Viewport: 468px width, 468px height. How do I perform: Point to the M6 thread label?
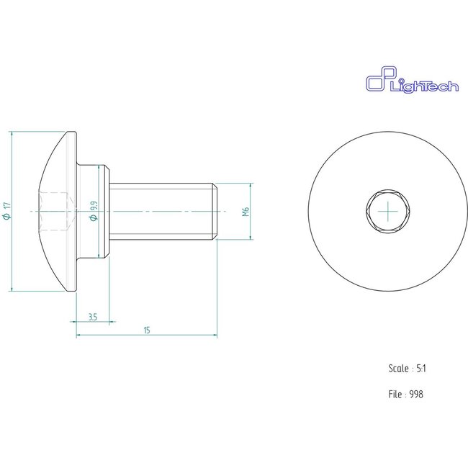pyautogui.click(x=245, y=212)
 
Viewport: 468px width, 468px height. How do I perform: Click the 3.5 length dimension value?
pyautogui.click(x=93, y=317)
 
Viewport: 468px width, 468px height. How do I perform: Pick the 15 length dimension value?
pyautogui.click(x=147, y=330)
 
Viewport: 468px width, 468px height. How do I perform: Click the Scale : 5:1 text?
pyautogui.click(x=408, y=368)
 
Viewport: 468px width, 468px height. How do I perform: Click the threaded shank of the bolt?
pyautogui.click(x=162, y=211)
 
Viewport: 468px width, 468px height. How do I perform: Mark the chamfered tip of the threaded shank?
pyautogui.click(x=215, y=211)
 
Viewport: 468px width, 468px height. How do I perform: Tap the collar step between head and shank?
pyautogui.click(x=101, y=211)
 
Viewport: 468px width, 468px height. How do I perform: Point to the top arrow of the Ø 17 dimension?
pyautogui.click(x=14, y=135)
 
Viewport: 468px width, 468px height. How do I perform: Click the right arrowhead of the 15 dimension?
pyautogui.click(x=215, y=335)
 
